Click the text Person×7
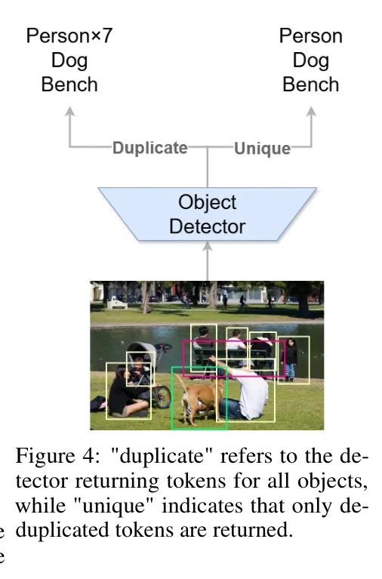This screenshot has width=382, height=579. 69,36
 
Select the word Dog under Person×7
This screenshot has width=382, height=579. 69,60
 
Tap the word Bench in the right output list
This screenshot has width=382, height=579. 311,85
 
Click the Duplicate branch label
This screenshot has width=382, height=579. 150,148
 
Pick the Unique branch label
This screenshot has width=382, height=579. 262,148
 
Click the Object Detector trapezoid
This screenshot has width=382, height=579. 208,214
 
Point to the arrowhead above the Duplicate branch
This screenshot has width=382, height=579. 69,112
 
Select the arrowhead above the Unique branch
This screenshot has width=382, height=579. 312,112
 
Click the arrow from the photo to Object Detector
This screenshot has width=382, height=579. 208,261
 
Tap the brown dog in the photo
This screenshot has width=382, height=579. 198,399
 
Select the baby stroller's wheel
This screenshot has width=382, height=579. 161,397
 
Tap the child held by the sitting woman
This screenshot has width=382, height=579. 138,371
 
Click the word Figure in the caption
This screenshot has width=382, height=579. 47,457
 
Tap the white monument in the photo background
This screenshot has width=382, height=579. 117,303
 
